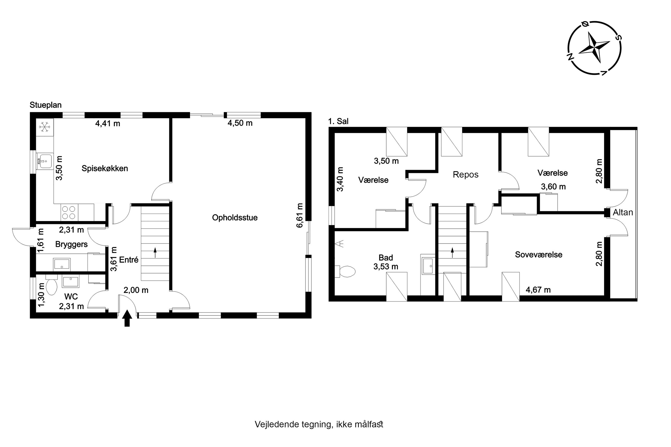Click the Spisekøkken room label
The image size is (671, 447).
pos(105,168)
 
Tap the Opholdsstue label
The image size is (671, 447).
pos(235,218)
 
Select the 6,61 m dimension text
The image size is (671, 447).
pos(299,215)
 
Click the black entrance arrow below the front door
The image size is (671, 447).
pos(127,319)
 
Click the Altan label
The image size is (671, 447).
pos(623,212)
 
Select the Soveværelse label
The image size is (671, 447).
pos(538,255)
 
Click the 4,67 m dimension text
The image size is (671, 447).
pos(538,290)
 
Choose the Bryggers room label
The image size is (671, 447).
pos(71,244)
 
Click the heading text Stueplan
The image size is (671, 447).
pos(46,105)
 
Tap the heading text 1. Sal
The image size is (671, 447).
pos(338,121)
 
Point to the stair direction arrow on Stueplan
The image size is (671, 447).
pos(155,253)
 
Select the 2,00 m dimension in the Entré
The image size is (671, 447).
pos(136,290)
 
